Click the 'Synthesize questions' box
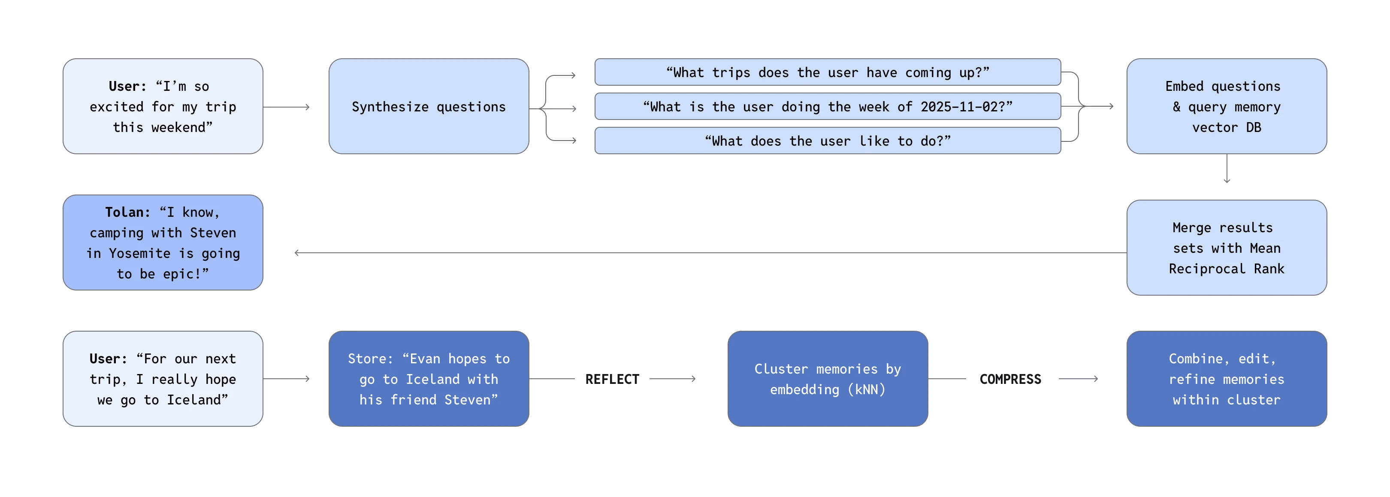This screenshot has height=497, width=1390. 429,106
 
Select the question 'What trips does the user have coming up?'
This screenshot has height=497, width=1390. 827,72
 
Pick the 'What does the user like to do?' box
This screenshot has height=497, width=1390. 827,141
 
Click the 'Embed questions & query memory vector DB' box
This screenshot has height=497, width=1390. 1226,106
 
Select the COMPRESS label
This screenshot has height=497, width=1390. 1010,379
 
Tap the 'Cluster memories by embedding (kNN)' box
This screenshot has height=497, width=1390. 827,378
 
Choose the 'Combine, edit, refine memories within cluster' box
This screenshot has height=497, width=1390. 1226,378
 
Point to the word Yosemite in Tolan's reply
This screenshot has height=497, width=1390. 139,253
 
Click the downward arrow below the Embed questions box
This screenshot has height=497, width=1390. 1227,170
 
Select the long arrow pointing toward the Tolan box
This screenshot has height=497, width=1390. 701,252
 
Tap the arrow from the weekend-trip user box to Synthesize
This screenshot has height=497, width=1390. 287,107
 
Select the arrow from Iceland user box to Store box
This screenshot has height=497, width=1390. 287,379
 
